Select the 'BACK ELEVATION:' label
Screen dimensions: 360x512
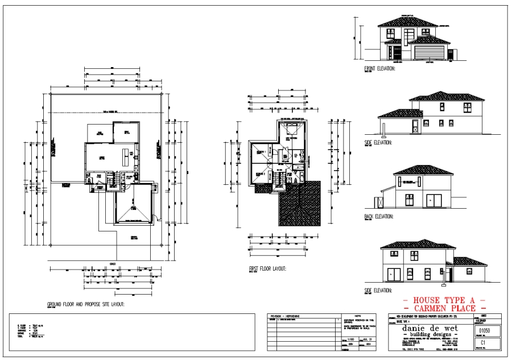click(379, 217)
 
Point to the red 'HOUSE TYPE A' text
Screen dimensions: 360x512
click(444, 300)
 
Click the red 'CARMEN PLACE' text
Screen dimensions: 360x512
click(444, 308)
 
